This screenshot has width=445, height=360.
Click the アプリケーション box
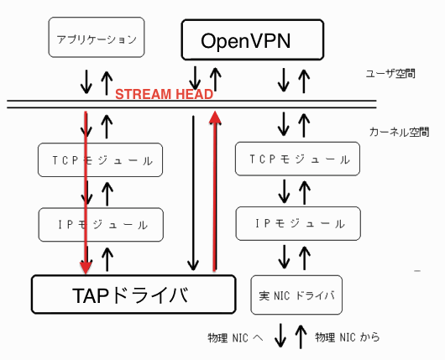point(97,37)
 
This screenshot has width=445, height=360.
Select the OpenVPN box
point(253,39)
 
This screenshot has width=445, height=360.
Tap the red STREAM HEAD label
point(164,94)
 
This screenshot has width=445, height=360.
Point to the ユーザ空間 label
point(390,74)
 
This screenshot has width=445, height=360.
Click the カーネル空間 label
point(399,133)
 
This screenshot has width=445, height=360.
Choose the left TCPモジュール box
point(100,160)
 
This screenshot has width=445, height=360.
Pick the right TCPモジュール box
point(298,159)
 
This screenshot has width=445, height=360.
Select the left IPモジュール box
point(101,225)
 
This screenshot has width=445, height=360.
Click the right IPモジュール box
point(298,223)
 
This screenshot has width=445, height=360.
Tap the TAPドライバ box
point(133,295)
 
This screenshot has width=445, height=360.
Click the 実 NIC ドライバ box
point(296,295)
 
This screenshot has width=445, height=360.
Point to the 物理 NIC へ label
point(236,338)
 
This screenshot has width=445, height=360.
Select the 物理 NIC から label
point(348,337)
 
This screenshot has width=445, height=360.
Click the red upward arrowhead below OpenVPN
point(215,117)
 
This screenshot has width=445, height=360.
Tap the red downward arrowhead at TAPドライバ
point(86,268)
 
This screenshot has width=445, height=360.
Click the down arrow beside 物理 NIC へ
point(280,336)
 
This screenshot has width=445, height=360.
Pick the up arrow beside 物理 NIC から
point(301,337)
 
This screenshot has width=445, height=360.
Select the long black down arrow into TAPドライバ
point(193,193)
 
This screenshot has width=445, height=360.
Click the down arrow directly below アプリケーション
point(86,82)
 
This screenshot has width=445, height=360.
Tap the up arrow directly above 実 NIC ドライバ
point(305,258)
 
